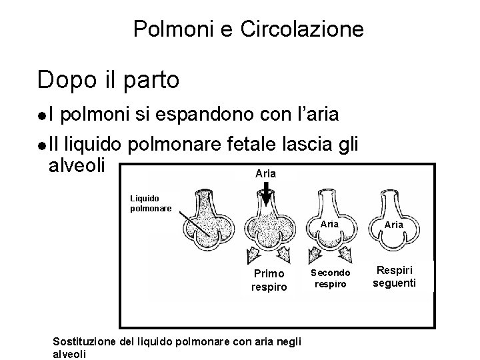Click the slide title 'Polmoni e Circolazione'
(x=248, y=29)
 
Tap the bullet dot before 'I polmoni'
(x=42, y=116)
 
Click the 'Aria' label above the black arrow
(x=265, y=173)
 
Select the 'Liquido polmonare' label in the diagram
(x=151, y=203)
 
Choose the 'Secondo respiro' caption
(x=329, y=277)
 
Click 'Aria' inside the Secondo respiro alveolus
(x=330, y=225)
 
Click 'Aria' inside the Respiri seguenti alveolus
(x=394, y=225)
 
